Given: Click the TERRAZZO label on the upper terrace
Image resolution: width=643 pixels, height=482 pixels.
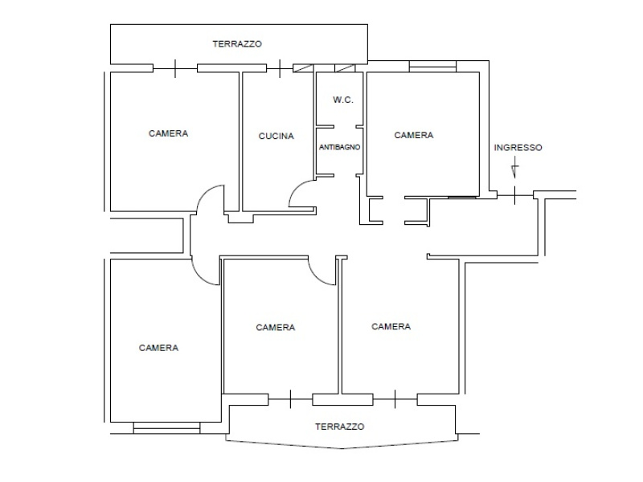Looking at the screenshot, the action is pyautogui.click(x=237, y=44).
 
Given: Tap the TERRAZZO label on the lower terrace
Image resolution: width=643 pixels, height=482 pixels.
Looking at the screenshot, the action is pyautogui.click(x=339, y=427).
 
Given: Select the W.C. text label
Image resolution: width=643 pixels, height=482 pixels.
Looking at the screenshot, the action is pyautogui.click(x=343, y=100).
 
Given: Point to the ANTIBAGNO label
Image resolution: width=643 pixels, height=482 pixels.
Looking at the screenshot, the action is pyautogui.click(x=339, y=147).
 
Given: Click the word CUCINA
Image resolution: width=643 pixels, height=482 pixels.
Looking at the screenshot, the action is pyautogui.click(x=276, y=136).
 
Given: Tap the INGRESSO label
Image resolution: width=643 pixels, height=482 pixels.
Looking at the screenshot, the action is pyautogui.click(x=518, y=148).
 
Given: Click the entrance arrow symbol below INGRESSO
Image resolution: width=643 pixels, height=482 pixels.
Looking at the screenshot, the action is pyautogui.click(x=514, y=171).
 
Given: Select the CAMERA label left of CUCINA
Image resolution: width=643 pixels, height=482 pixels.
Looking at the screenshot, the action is pyautogui.click(x=168, y=133).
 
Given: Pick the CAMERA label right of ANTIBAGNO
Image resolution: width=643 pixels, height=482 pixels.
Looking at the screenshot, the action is pyautogui.click(x=413, y=135).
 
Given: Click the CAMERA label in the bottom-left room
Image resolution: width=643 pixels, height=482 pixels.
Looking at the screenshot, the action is pyautogui.click(x=158, y=348).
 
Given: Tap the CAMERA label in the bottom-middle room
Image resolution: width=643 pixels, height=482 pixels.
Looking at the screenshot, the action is pyautogui.click(x=275, y=328).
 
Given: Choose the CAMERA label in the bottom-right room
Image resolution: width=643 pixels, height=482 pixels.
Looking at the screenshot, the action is pyautogui.click(x=391, y=327).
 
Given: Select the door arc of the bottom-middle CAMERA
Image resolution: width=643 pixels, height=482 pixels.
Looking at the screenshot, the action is pyautogui.click(x=317, y=277).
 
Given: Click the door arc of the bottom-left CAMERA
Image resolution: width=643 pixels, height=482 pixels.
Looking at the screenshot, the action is pyautogui.click(x=199, y=277).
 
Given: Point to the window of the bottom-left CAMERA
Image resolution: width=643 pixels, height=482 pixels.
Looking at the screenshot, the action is pyautogui.click(x=167, y=428).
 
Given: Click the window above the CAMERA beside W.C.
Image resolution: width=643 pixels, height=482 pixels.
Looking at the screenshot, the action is pyautogui.click(x=432, y=67).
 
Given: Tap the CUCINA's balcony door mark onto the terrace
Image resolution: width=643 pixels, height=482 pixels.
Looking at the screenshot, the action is pyautogui.click(x=280, y=68).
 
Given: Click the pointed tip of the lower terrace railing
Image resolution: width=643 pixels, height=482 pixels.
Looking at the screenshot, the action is pyautogui.click(x=342, y=449).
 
